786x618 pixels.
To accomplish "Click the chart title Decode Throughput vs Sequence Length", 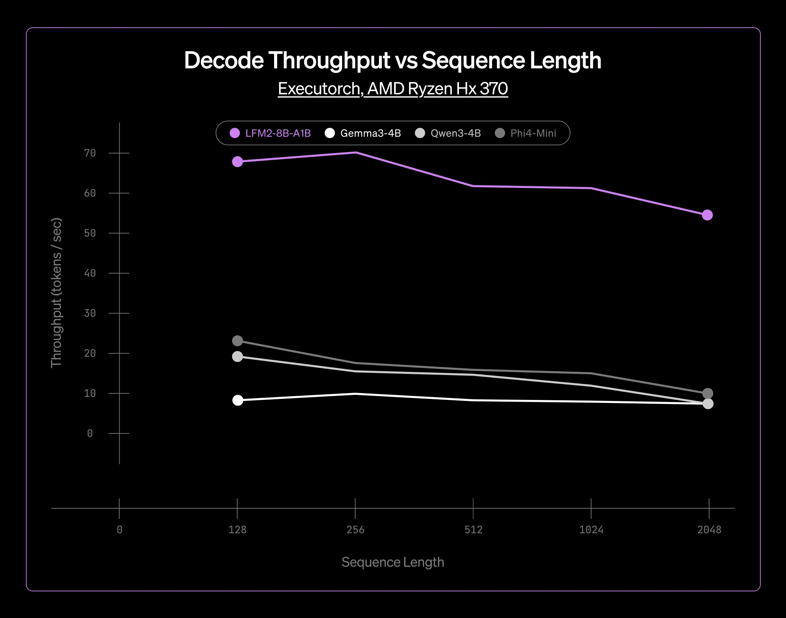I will pyautogui.click(x=392, y=60).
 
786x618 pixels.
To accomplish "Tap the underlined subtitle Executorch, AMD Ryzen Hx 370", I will pyautogui.click(x=393, y=89).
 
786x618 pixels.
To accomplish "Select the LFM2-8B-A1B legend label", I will pyautogui.click(x=278, y=133).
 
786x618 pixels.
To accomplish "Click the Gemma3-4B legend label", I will pyautogui.click(x=370, y=133).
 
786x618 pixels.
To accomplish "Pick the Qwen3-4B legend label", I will pyautogui.click(x=456, y=133).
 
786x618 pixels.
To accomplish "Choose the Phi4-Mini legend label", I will pyautogui.click(x=533, y=133).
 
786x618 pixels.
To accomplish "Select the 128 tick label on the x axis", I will pyautogui.click(x=237, y=530).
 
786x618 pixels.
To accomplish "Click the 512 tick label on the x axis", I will pyautogui.click(x=473, y=530).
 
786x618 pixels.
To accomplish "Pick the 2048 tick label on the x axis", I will pyautogui.click(x=709, y=530).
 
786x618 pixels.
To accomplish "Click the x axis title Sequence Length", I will pyautogui.click(x=393, y=562).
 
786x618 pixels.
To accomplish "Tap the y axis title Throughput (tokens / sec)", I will pyautogui.click(x=56, y=293).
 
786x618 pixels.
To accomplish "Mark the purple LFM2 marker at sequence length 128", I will pyautogui.click(x=237, y=162).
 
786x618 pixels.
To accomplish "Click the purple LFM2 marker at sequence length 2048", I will pyautogui.click(x=707, y=215).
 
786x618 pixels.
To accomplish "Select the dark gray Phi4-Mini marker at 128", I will pyautogui.click(x=237, y=341).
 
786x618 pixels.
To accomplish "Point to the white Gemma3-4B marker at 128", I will pyautogui.click(x=238, y=400).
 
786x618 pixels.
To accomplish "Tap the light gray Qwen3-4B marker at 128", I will pyautogui.click(x=237, y=357).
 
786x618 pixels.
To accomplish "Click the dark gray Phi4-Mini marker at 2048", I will pyautogui.click(x=707, y=393).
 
